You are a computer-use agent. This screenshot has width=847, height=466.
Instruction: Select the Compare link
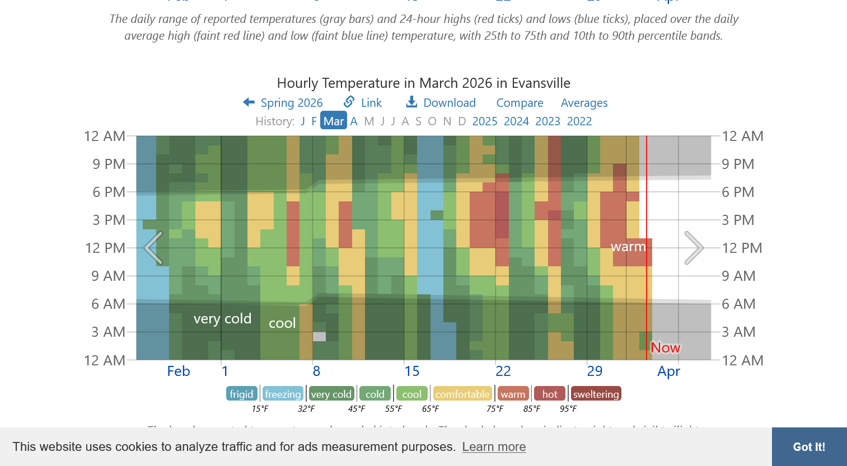tap(520, 103)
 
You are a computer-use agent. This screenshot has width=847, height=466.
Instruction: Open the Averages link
tap(584, 103)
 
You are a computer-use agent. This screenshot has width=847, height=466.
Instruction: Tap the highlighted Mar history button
tap(334, 121)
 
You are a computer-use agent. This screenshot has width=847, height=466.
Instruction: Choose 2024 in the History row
tap(516, 121)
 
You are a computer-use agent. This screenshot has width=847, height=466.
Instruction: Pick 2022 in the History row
tap(579, 121)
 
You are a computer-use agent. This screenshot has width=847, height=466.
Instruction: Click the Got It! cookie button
tap(809, 446)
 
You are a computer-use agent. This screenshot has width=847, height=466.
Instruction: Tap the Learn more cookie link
tap(494, 446)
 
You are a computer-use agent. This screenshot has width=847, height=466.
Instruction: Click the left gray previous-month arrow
tap(153, 248)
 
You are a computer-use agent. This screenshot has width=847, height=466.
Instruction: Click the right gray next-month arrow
tap(694, 248)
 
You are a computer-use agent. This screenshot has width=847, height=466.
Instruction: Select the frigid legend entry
tap(241, 394)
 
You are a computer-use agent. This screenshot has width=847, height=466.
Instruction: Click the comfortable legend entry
tap(462, 394)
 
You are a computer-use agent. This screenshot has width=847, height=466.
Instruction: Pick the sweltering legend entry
tap(596, 394)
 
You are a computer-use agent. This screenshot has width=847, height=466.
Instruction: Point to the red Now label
tap(666, 348)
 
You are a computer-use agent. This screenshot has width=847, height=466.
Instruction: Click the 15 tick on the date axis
tap(412, 371)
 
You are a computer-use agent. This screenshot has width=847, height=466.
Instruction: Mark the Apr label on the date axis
tap(668, 371)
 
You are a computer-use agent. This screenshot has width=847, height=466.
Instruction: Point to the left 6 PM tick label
tap(109, 192)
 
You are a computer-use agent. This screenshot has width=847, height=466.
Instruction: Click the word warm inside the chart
tap(628, 247)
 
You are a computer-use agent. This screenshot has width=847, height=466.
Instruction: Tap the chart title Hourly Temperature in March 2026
tap(423, 83)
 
